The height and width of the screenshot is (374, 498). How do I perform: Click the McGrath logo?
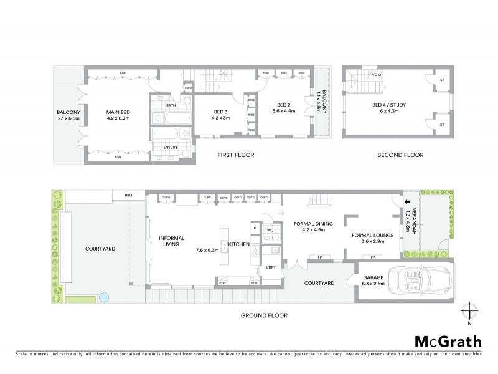(x=448, y=341)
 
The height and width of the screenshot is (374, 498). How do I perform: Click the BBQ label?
(x=129, y=196)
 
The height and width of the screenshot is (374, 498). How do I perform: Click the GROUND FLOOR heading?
(x=264, y=315)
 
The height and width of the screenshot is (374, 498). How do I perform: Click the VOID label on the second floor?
(x=377, y=75)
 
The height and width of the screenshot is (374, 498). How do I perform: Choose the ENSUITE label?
(x=170, y=147)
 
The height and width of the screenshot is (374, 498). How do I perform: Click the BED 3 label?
(x=221, y=110)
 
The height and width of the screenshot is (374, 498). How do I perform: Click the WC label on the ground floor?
(x=270, y=231)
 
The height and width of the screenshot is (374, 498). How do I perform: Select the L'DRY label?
(x=271, y=267)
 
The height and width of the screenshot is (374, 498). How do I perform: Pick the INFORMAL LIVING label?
(x=169, y=241)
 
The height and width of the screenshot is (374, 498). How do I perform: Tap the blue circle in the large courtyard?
(x=105, y=297)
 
